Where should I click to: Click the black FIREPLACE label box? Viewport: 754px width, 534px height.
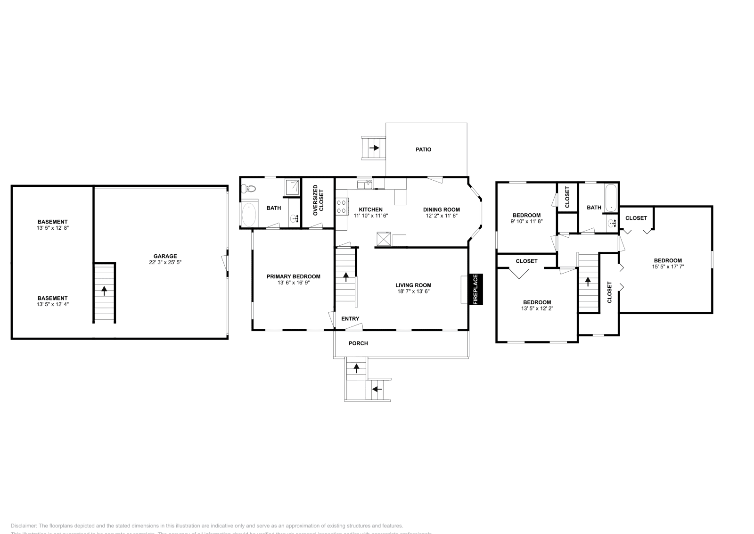(475, 289)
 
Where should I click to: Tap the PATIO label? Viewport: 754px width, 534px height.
(423, 150)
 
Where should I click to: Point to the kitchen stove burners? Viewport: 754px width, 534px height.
(342, 207)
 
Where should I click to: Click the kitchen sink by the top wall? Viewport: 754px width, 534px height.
(364, 184)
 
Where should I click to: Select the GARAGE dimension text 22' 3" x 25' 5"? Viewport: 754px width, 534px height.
(165, 262)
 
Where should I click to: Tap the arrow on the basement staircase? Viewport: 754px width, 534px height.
(104, 291)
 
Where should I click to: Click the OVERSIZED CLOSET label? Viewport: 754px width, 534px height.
(318, 200)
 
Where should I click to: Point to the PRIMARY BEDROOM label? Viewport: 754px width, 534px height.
(293, 277)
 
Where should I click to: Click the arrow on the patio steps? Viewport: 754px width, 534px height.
(374, 148)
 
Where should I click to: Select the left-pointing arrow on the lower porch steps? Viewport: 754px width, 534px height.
(377, 389)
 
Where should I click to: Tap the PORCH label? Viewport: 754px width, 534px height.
(358, 343)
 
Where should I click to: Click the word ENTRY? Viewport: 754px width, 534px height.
(350, 319)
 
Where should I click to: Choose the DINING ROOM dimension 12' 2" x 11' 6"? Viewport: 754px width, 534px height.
(441, 216)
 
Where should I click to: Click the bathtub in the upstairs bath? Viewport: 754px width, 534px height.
(611, 198)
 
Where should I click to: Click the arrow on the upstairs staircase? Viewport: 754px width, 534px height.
(588, 281)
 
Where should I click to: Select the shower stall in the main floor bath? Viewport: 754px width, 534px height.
(292, 188)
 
